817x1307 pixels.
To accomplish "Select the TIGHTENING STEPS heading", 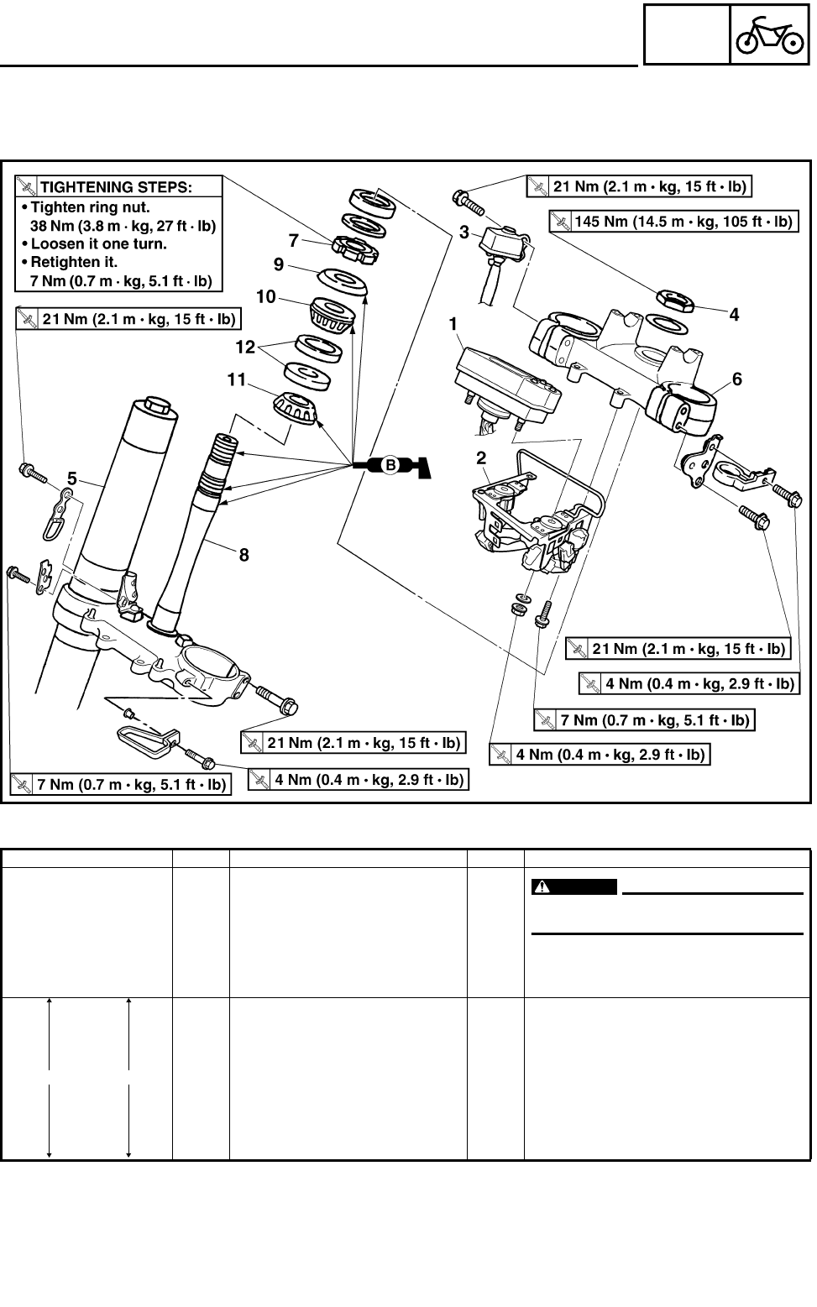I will pos(117,186).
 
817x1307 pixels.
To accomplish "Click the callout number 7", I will pos(293,240).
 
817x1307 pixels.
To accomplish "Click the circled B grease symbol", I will pos(390,465).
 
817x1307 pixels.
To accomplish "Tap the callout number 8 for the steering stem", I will pos(244,554).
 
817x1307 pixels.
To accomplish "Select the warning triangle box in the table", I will pos(574,887).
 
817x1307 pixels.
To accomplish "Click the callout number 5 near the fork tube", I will pos(72,479).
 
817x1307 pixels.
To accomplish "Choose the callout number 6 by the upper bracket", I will pos(737,379).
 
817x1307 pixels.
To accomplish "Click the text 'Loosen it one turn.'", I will pos(99,244).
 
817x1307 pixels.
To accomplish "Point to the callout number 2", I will pos(481,457).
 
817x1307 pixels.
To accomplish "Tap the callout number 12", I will pos(244,345).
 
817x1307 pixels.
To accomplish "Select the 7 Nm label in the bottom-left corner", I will pos(120,785).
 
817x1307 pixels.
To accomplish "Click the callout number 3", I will pos(464,233).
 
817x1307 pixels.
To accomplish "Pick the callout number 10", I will pos(266,296).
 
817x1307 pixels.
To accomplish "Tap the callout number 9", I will pos(278,264).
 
